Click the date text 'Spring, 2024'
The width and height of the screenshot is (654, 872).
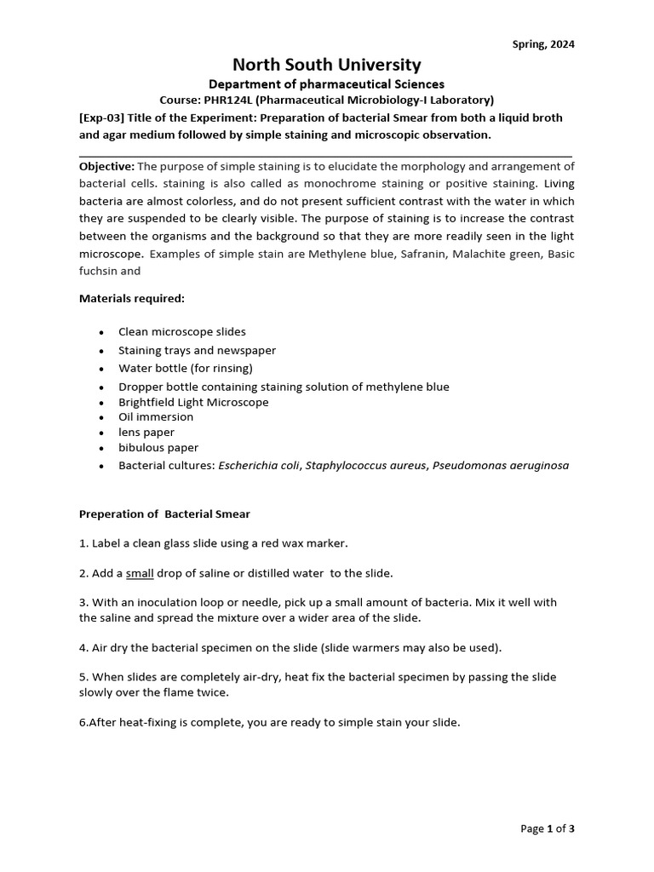pyautogui.click(x=543, y=44)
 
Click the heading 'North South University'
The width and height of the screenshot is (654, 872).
pyautogui.click(x=327, y=65)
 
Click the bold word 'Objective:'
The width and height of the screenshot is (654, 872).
pyautogui.click(x=106, y=166)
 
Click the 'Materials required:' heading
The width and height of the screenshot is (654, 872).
pyautogui.click(x=131, y=299)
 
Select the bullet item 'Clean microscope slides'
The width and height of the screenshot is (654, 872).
pyautogui.click(x=181, y=332)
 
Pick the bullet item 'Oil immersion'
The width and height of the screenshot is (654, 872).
pyautogui.click(x=156, y=417)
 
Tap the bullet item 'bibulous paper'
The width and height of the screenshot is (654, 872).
pyautogui.click(x=158, y=448)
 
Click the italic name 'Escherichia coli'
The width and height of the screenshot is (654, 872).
pyautogui.click(x=259, y=466)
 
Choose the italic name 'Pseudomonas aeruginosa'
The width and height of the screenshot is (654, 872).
pyautogui.click(x=501, y=466)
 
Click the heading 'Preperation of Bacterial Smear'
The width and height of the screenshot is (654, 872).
pyautogui.click(x=164, y=514)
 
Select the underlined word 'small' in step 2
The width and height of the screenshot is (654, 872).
pyautogui.click(x=140, y=573)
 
